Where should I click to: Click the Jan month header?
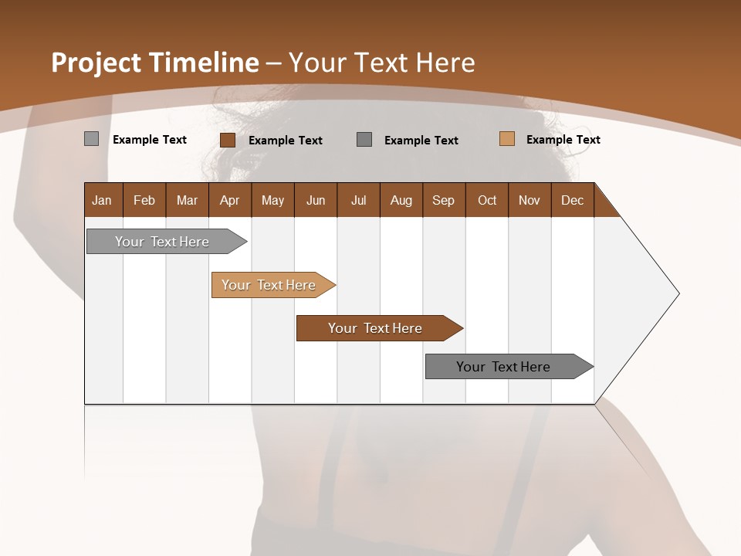coord(102,200)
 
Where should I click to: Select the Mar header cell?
coord(187,200)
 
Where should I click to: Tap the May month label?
coord(272,200)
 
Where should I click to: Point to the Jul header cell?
coord(358,200)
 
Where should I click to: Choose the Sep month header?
coord(443,200)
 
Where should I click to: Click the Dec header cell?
coord(572,200)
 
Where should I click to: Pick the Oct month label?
coord(487,200)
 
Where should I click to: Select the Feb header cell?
coord(144,200)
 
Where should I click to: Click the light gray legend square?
coord(91,139)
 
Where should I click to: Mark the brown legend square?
coord(228,140)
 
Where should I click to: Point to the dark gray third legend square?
coord(364,139)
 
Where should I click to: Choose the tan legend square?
coord(506,139)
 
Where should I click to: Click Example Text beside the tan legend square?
coord(563,140)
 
